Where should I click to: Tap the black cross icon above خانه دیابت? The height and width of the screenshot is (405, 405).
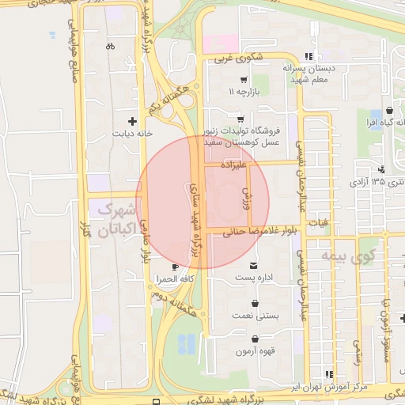click(x=132, y=122)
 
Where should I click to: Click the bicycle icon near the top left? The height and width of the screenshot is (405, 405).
click(x=109, y=45)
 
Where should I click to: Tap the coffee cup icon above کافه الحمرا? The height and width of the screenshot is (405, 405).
click(x=175, y=267)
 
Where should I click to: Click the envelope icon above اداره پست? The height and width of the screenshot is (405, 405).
click(x=253, y=265)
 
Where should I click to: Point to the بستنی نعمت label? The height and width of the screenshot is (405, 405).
click(x=257, y=316)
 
